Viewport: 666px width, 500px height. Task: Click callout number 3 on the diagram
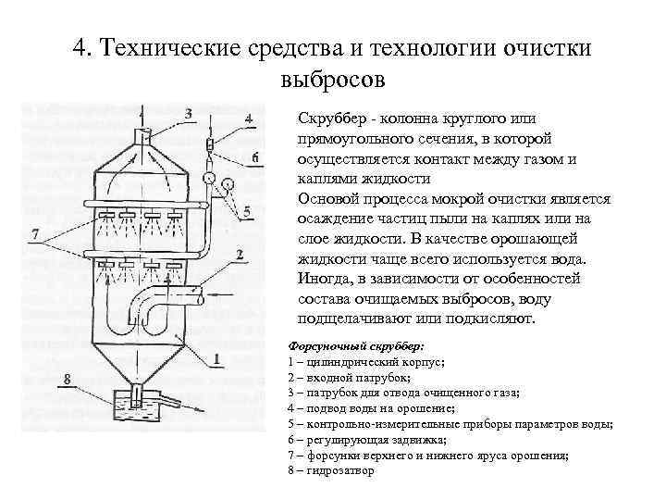point(189,113)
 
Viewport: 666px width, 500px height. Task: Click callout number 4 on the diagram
point(249,118)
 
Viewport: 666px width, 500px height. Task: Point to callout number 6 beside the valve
point(254,158)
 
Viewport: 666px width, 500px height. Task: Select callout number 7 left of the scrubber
point(34,236)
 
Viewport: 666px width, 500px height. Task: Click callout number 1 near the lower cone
point(216,359)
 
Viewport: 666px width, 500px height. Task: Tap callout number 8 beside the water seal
point(67,378)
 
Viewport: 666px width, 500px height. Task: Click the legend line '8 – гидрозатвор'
point(331,470)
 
